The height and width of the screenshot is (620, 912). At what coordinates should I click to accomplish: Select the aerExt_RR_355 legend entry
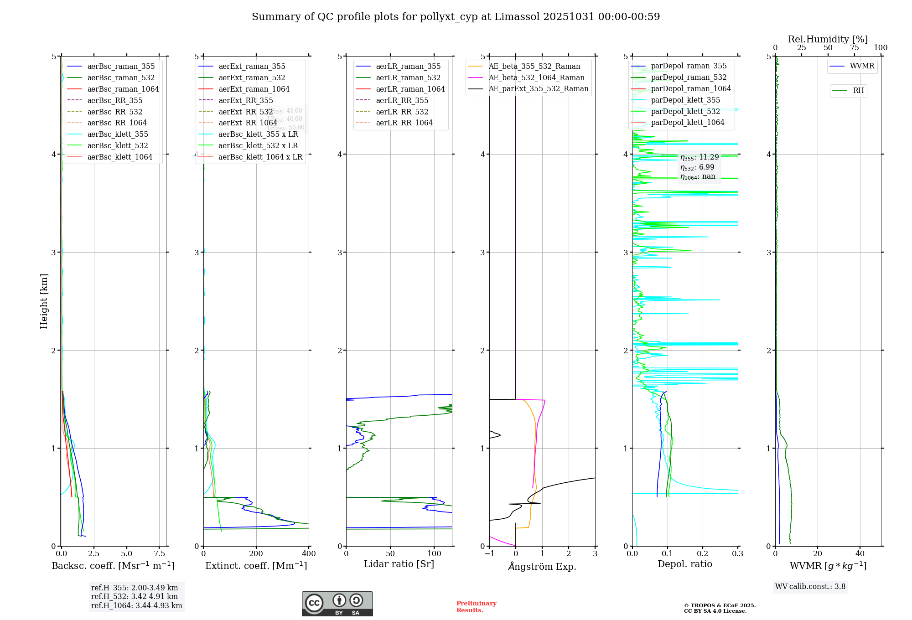point(245,100)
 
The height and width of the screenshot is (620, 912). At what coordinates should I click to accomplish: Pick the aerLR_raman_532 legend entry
point(408,77)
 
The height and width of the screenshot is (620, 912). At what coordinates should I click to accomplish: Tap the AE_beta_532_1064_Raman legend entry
point(536,77)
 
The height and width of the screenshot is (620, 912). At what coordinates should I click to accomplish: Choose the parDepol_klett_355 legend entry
point(685,100)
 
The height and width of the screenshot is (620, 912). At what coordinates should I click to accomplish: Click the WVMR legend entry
point(862,66)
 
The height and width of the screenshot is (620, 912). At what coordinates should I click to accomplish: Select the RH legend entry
point(858,91)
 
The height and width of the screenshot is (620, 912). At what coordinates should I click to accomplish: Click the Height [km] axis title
point(44,301)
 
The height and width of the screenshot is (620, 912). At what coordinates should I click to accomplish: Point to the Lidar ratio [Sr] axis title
point(399,564)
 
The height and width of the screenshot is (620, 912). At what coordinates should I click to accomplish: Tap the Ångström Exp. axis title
point(542,566)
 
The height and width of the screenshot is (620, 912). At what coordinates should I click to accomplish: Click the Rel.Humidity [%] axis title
point(828,39)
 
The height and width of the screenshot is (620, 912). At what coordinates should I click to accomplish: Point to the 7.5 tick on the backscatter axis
point(159,554)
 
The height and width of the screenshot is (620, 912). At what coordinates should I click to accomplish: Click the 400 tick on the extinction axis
point(309,554)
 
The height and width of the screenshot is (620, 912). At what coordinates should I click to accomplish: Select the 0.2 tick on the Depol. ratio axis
point(703,554)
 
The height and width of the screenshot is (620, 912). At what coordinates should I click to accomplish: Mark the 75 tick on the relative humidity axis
point(855,48)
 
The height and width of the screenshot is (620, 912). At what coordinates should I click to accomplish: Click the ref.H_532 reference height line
point(135,596)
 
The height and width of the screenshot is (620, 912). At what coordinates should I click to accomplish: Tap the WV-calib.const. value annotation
point(810,587)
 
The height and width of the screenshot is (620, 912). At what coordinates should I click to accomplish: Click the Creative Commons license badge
point(337,604)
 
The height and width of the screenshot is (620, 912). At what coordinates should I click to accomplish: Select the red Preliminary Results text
point(476,607)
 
